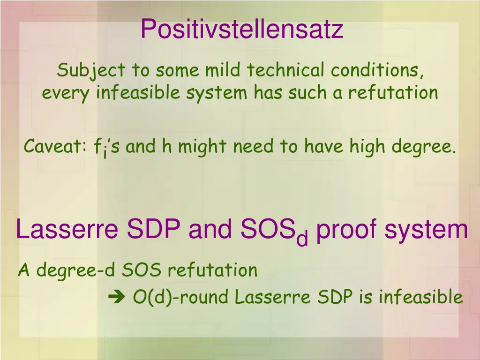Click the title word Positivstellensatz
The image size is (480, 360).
[x=241, y=30]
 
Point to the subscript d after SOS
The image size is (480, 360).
[x=302, y=239]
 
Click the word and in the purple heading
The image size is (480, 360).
[x=210, y=230]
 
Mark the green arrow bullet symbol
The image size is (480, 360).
[x=114, y=297]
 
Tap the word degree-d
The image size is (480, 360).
[x=77, y=270]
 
